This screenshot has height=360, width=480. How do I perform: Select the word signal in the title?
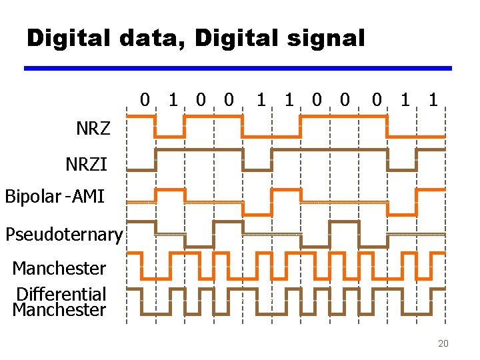pos(327,39)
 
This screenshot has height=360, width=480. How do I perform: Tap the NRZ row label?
pos(93,129)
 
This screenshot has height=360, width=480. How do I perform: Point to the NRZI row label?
pos(86,163)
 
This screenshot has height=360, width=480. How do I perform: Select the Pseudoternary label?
pos(63,235)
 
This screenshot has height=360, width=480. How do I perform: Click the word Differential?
pos(61,294)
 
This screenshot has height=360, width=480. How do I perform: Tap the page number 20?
pos(443,344)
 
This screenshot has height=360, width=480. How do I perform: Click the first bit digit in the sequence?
pos(145,101)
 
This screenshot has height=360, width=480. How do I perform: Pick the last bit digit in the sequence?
pos(433,101)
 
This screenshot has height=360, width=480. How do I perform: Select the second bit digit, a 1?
pos(173,101)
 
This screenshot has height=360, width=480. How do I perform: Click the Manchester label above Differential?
pos(59,269)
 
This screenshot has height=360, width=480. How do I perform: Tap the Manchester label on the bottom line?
pos(59,310)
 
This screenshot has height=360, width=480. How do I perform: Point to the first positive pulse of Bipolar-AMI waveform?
pos(170,190)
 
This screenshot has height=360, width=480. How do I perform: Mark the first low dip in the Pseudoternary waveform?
pos(199,247)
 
